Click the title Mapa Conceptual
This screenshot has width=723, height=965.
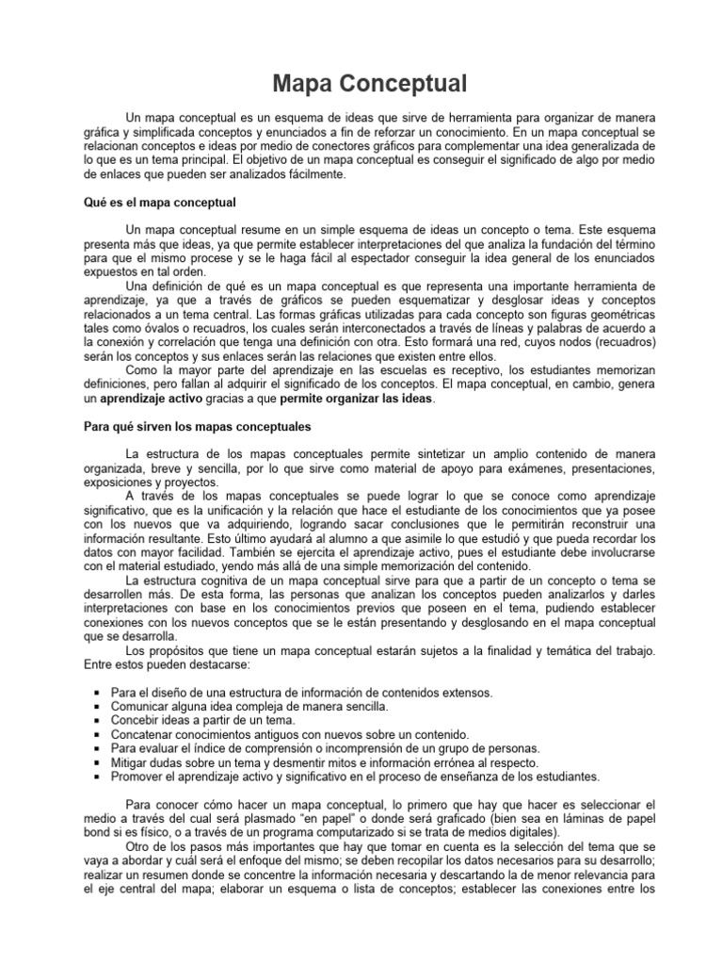point(370,84)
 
